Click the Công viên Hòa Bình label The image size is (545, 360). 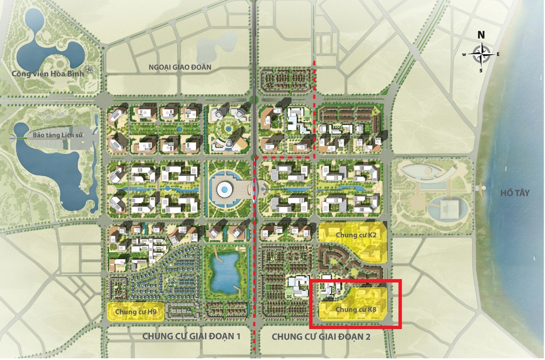48,74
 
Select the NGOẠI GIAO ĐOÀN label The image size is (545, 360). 180,67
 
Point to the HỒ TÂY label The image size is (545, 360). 515,193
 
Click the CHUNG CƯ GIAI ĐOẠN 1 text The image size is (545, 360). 191,337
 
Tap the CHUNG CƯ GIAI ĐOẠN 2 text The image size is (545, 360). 321,337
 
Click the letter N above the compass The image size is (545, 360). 481,35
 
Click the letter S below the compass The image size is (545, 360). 481,70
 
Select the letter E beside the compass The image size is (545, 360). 498,54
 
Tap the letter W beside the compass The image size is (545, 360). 464,54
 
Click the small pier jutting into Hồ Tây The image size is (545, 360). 482,187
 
